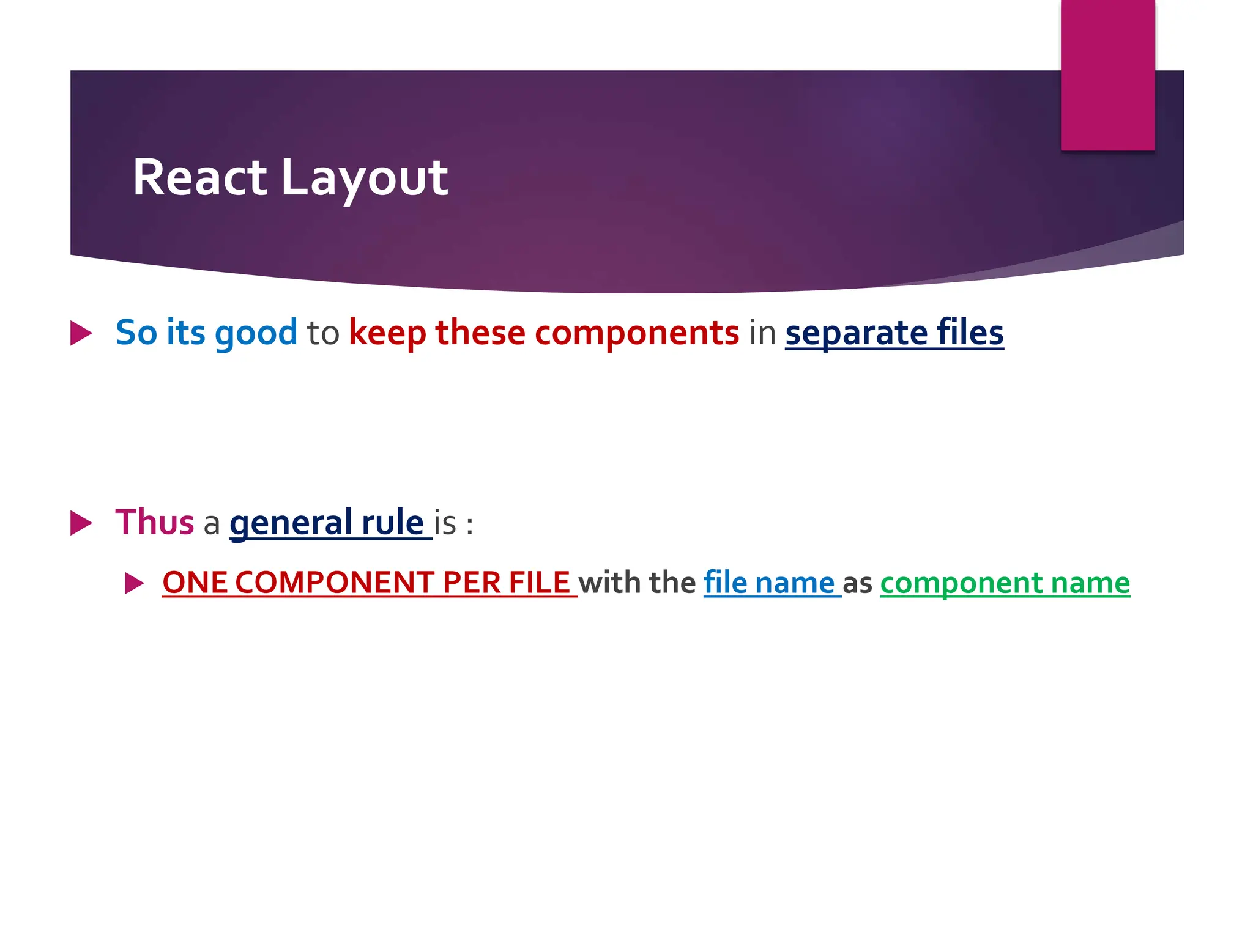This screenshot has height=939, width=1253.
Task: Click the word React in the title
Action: click(x=199, y=177)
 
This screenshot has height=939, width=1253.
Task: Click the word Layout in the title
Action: click(x=365, y=179)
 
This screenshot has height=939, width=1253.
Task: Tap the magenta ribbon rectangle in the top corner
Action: click(x=1107, y=75)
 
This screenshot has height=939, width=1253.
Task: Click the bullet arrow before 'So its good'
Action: click(x=81, y=333)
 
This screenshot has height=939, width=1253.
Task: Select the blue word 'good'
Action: click(x=256, y=333)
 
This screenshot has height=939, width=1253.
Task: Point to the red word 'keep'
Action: click(x=387, y=333)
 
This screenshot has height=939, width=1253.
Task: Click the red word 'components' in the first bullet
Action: click(x=637, y=333)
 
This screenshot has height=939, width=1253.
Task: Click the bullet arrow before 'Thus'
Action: click(x=81, y=523)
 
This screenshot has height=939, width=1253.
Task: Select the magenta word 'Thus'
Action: click(x=155, y=523)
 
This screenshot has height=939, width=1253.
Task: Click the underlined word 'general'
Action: click(x=291, y=523)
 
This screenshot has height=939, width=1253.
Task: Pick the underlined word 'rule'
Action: click(x=392, y=523)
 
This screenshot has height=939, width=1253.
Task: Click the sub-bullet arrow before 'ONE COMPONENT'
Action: click(x=134, y=583)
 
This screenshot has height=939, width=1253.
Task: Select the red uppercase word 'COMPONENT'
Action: click(x=334, y=583)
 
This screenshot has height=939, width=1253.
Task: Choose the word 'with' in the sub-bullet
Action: click(x=609, y=583)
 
